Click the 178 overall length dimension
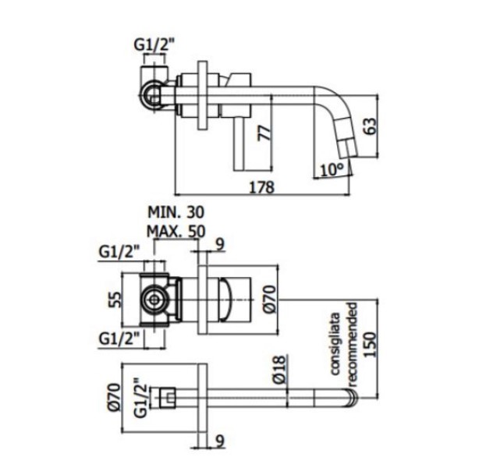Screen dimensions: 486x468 coord(262,187)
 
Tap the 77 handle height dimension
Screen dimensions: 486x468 coord(264,133)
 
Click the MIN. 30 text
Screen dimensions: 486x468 coord(176,213)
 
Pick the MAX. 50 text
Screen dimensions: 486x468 coord(176,231)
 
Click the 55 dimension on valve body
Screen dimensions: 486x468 coord(115,299)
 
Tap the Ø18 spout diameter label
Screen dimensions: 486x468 coord(279,370)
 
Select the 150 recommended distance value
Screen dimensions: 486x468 coord(370,344)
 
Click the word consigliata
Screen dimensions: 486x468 coord(335,344)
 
